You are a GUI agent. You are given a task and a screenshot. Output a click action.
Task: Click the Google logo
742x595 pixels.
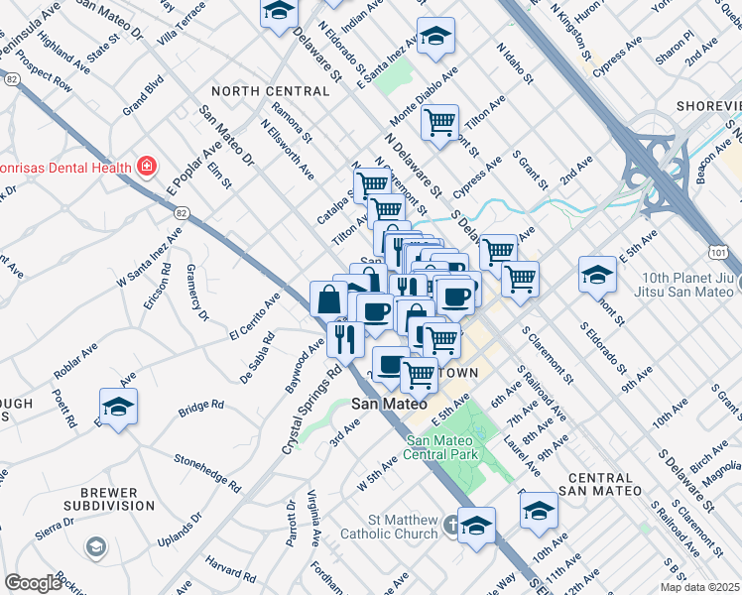tap(34, 583)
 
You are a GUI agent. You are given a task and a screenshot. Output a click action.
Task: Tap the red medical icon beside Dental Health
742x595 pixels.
tap(147, 165)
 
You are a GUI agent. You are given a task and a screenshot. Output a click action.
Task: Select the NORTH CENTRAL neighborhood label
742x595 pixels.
tap(270, 91)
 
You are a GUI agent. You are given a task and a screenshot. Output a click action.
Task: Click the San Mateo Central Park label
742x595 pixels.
tap(441, 447)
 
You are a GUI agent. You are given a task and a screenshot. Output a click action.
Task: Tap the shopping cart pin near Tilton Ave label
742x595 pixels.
tap(439, 124)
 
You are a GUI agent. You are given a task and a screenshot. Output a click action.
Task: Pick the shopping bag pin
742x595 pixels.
tap(328, 298)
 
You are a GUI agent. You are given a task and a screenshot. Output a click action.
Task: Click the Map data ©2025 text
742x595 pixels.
tap(699, 587)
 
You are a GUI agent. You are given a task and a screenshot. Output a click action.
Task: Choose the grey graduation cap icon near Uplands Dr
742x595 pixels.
tap(95, 546)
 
